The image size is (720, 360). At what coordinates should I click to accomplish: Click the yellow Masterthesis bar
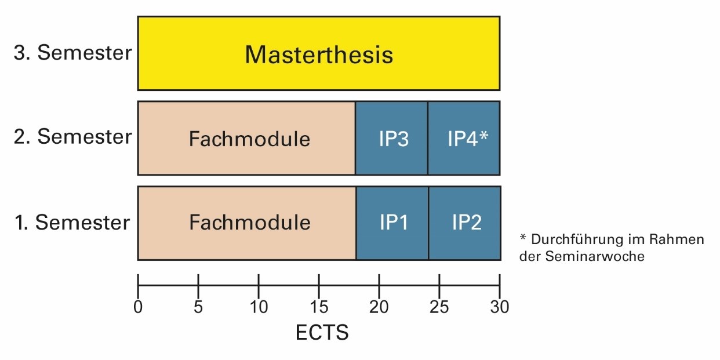tap(319, 53)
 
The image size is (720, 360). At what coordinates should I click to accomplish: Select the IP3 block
tap(391, 138)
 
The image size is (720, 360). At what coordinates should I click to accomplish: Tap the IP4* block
tap(464, 138)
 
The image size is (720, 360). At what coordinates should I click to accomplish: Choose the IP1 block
tap(392, 223)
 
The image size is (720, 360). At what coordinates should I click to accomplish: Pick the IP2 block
tap(465, 223)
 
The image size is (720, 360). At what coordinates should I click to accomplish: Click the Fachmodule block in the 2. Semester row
tap(246, 138)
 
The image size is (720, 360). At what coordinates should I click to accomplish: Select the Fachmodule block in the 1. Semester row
tap(247, 223)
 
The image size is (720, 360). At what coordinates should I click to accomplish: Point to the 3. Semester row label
tap(72, 52)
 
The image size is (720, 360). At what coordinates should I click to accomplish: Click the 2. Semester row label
tap(72, 137)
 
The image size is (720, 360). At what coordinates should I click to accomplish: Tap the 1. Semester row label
tap(72, 223)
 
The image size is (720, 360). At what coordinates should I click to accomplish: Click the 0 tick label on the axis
tap(138, 307)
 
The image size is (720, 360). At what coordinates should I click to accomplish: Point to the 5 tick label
tap(198, 307)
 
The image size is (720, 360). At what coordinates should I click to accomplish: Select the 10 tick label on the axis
tap(259, 307)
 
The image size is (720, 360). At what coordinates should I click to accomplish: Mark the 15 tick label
tap(319, 307)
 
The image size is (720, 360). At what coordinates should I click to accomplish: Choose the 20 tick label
tap(379, 307)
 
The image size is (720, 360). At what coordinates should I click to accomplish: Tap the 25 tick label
tap(439, 307)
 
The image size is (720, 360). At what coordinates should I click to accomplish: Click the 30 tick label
tap(500, 307)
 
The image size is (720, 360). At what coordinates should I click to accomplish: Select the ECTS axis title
tap(322, 332)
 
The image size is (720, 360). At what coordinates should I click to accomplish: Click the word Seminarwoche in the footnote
tap(595, 256)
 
